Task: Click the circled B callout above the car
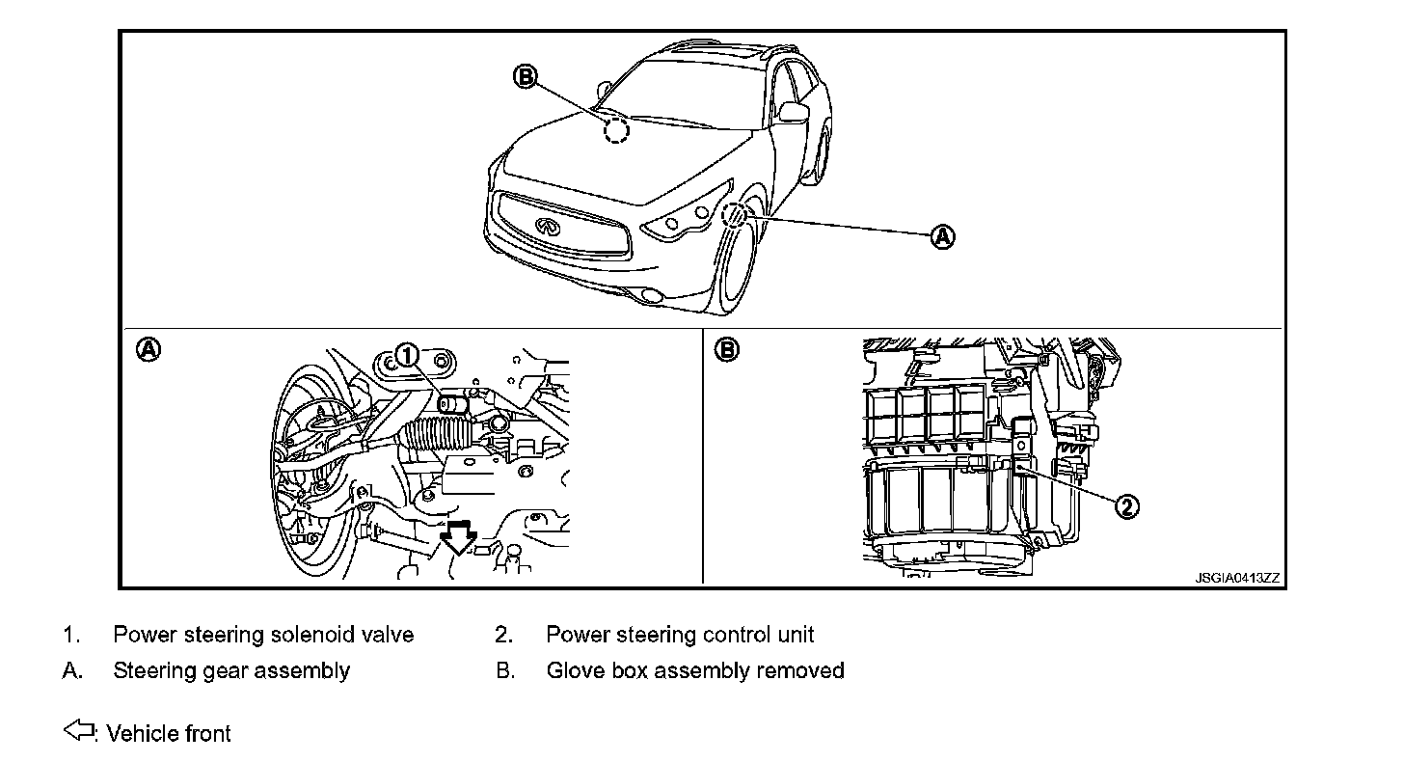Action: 526,77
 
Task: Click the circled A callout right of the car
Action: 942,236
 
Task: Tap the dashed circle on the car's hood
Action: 615,131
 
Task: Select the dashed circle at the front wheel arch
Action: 735,214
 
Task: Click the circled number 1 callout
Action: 408,356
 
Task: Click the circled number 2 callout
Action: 1127,506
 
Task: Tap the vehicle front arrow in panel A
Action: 456,536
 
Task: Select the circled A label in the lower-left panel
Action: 148,349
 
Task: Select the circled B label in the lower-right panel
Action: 726,349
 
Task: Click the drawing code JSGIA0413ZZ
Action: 1237,578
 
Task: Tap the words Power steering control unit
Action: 680,635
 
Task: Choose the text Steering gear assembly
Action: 231,669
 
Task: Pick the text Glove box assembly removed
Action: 694,669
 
